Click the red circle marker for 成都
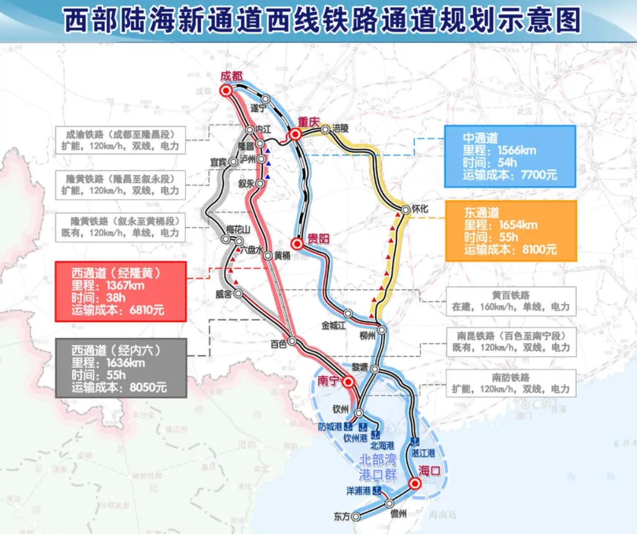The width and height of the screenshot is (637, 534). [226, 91]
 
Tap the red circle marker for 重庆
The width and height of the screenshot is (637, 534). [295, 134]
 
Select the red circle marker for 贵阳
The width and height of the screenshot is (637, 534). [296, 243]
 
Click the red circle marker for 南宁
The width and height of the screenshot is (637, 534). [348, 382]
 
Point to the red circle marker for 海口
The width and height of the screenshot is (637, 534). [415, 484]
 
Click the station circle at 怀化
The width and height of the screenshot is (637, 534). [406, 210]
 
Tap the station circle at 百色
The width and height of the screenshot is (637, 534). [292, 341]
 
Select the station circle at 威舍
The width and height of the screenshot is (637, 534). [238, 294]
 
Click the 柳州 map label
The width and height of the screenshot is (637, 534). [367, 336]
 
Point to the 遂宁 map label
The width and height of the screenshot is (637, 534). [258, 108]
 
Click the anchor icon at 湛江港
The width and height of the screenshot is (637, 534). [415, 442]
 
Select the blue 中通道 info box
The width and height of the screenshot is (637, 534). [509, 157]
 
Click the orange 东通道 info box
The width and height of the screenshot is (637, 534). [510, 231]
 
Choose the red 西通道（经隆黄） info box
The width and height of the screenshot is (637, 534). [120, 291]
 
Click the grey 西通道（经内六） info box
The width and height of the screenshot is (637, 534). [120, 368]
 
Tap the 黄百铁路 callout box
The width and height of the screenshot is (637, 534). [510, 301]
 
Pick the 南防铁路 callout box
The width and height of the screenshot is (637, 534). [510, 383]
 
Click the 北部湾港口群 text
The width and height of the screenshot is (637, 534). [378, 467]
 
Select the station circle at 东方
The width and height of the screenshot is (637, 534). [356, 516]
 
